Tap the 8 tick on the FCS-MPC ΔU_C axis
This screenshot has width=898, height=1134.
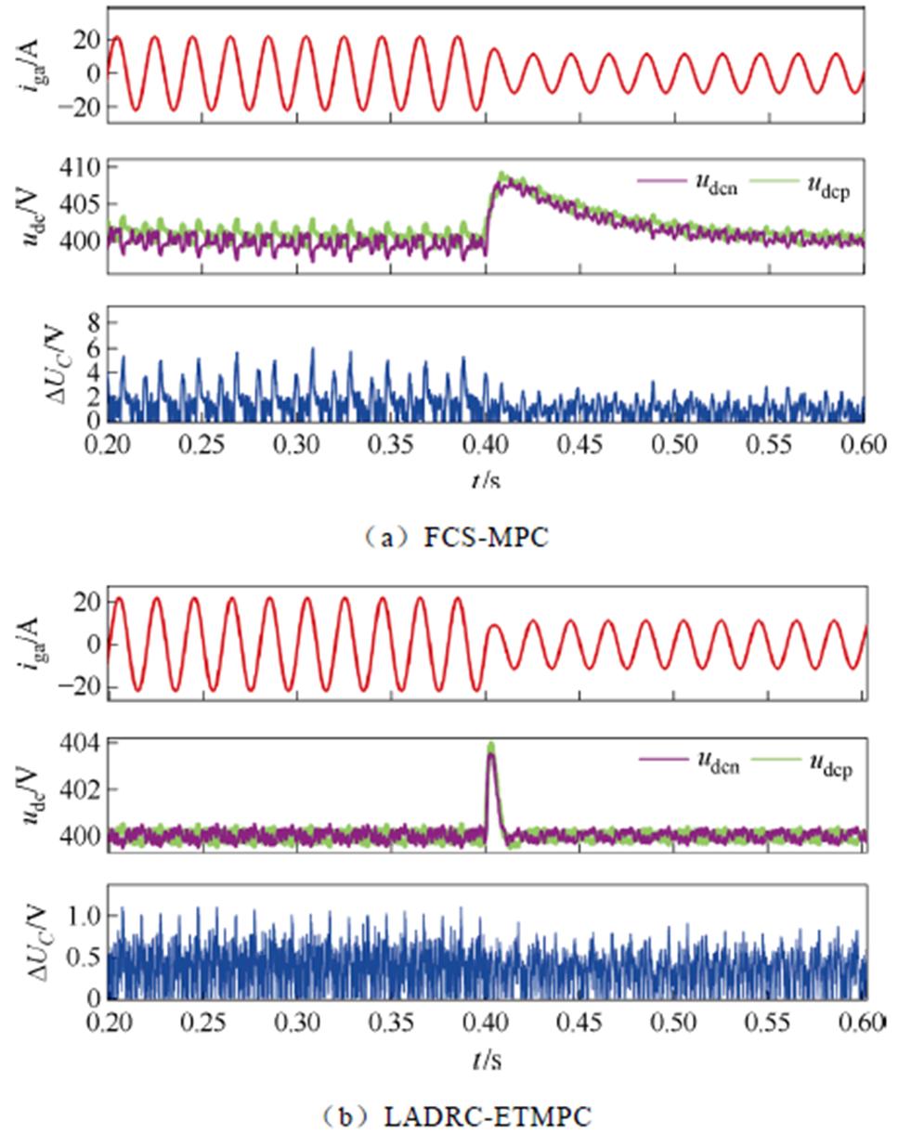(x=93, y=322)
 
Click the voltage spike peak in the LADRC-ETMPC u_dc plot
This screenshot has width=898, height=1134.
(x=490, y=747)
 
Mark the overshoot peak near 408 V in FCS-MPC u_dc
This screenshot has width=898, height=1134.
(x=502, y=177)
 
